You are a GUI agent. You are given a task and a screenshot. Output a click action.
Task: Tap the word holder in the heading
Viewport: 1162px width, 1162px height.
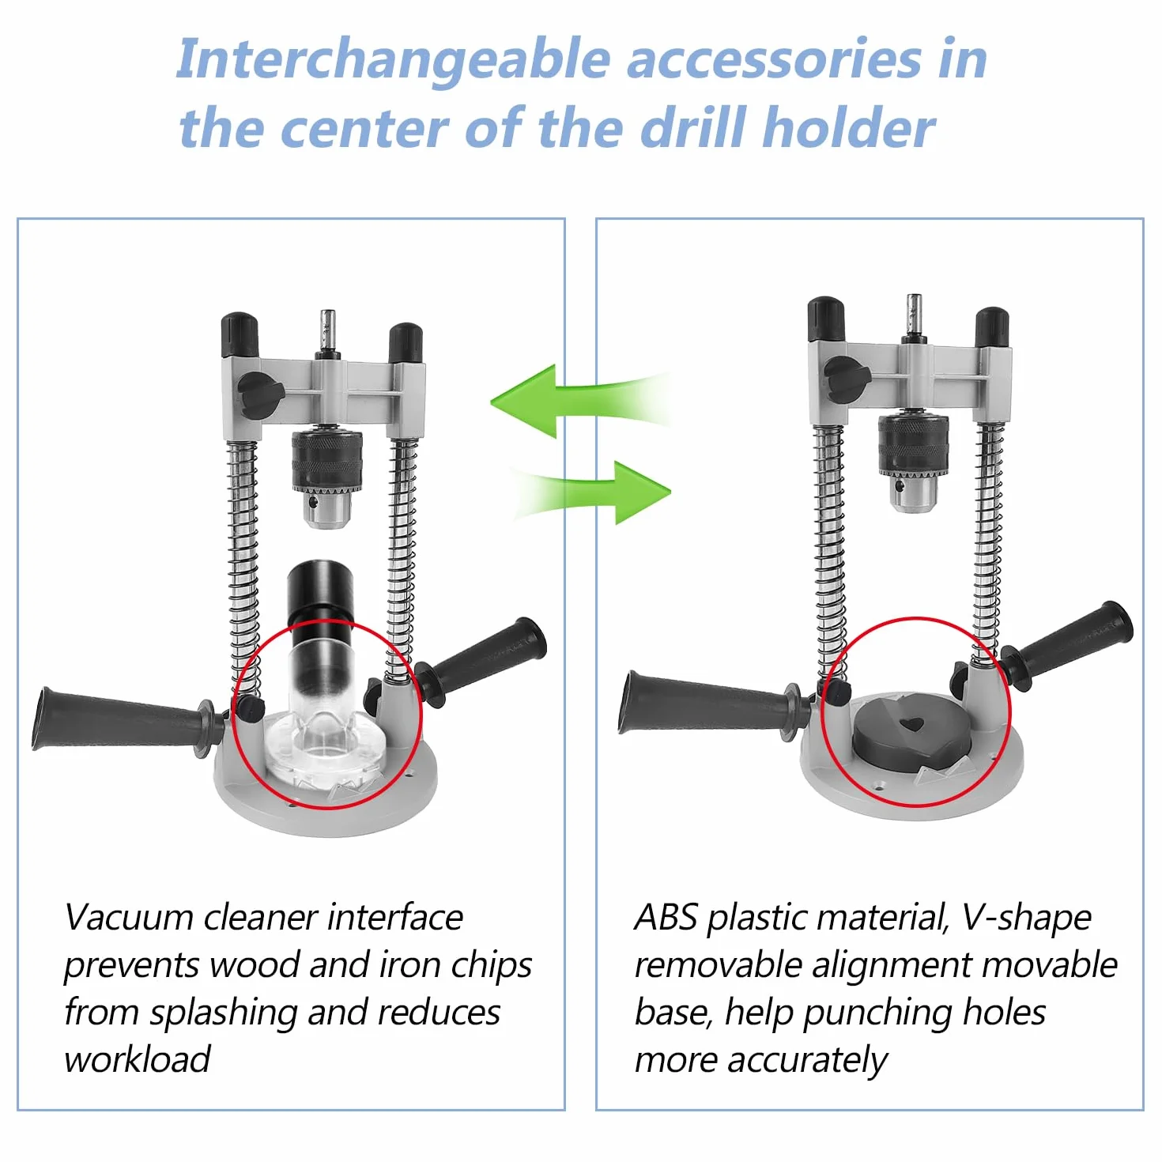coord(849,128)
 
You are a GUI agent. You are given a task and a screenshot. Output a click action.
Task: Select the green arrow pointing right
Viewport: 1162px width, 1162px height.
coord(591,492)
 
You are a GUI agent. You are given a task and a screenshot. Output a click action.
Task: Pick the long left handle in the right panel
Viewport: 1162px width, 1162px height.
coord(711,703)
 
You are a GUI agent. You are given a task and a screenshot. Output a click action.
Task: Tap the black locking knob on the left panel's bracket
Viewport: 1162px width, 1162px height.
coord(261,397)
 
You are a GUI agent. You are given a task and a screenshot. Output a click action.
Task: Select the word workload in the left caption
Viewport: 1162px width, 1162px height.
coord(138,1059)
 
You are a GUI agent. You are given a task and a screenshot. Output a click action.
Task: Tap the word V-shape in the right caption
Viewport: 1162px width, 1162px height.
coord(1026,919)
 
